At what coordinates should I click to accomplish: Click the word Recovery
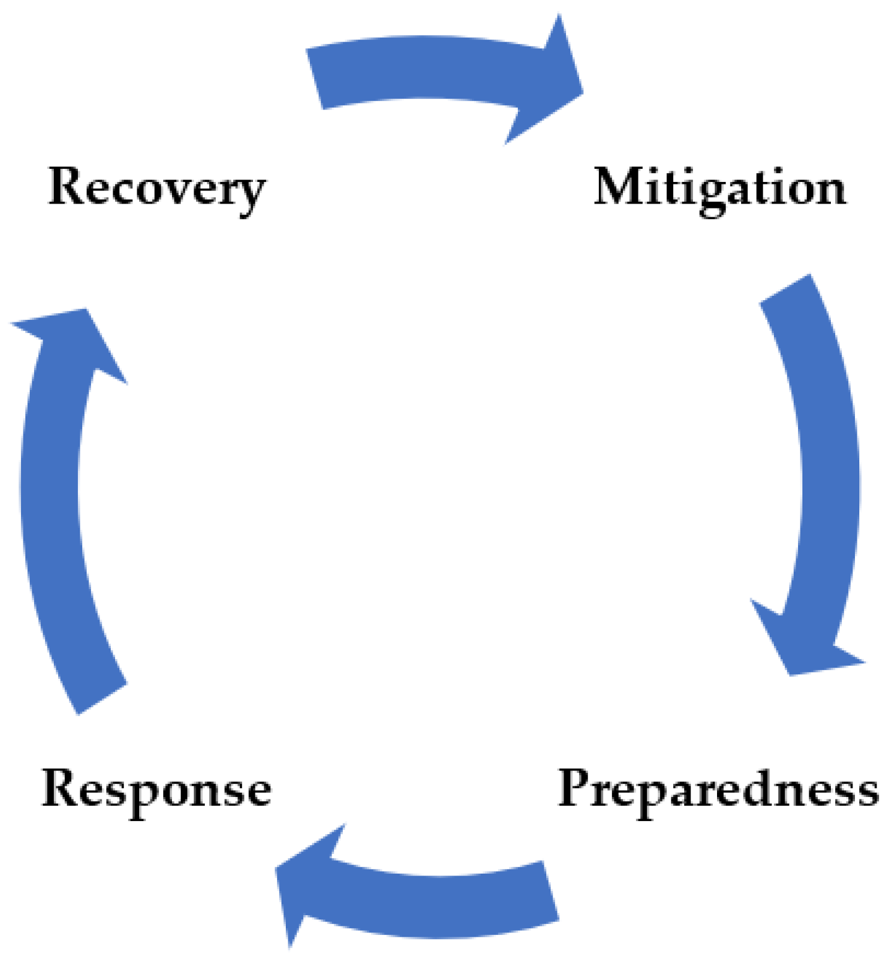(x=157, y=187)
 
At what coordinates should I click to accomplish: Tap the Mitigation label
(x=719, y=187)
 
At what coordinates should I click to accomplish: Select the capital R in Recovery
(x=67, y=186)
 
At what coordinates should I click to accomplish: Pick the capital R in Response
(x=60, y=788)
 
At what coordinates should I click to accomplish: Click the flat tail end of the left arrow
(x=102, y=699)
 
